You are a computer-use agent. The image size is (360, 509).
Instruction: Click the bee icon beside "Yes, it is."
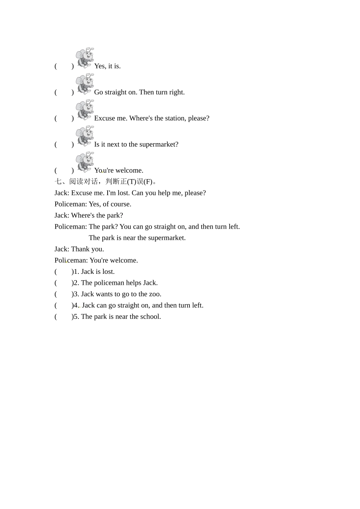coord(85,58)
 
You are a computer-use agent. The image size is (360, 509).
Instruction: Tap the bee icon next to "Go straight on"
coord(85,84)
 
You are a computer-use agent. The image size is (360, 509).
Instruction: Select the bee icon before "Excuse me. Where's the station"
coord(85,110)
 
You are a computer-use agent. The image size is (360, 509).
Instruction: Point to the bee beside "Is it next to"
coord(85,136)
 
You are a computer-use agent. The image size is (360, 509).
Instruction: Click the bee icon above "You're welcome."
coord(85,162)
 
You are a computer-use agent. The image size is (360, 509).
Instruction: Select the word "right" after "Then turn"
coord(176,92)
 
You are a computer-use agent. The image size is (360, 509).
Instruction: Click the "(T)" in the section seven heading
coord(131,182)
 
